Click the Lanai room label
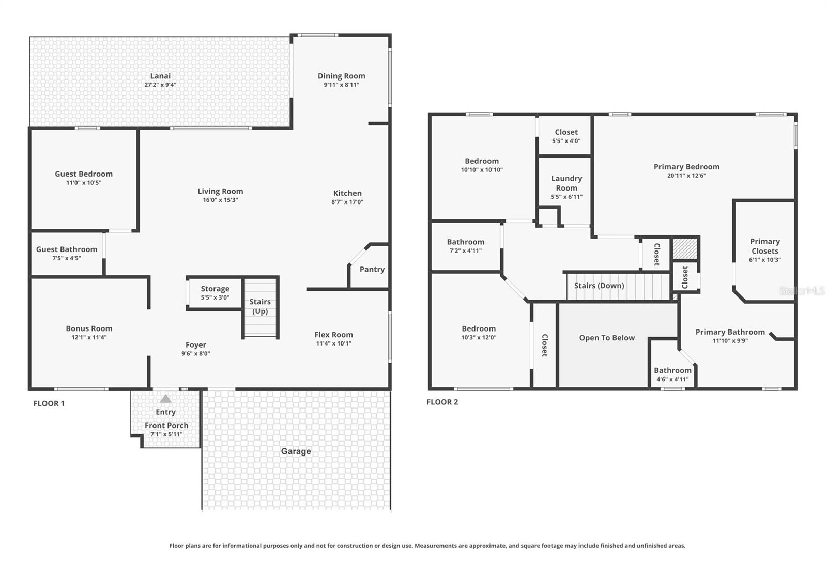click(x=160, y=76)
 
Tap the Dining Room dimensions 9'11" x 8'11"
click(x=341, y=85)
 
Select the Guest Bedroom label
click(x=84, y=174)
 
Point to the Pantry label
click(x=372, y=269)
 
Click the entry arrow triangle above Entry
click(x=165, y=399)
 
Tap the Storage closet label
click(x=215, y=289)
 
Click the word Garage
click(x=296, y=451)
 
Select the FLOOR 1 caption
click(x=49, y=403)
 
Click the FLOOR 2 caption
click(x=442, y=402)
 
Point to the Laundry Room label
click(x=566, y=183)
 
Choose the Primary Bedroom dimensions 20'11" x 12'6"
click(x=686, y=175)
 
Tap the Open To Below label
click(x=607, y=338)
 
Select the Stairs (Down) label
click(x=599, y=286)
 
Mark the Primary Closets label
click(x=764, y=246)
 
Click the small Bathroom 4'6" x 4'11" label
click(x=672, y=370)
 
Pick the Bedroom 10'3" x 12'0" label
click(x=479, y=328)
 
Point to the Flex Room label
click(x=333, y=335)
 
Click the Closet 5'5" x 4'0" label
click(x=566, y=132)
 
